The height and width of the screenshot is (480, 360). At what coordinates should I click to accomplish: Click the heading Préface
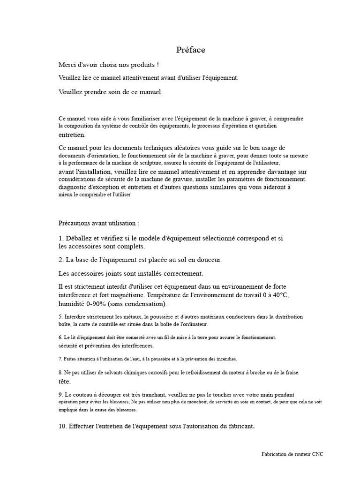(191, 50)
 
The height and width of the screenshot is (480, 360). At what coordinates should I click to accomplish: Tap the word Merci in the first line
(67, 64)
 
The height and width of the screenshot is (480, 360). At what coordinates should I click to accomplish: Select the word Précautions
(75, 223)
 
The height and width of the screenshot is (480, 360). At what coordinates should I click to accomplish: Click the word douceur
(209, 259)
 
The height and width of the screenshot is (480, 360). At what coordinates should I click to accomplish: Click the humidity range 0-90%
(96, 304)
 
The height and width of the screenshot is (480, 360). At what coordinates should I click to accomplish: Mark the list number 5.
(60, 316)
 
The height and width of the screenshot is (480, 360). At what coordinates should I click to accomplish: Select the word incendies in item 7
(224, 359)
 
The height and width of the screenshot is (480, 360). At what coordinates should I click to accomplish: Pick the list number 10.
(63, 426)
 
